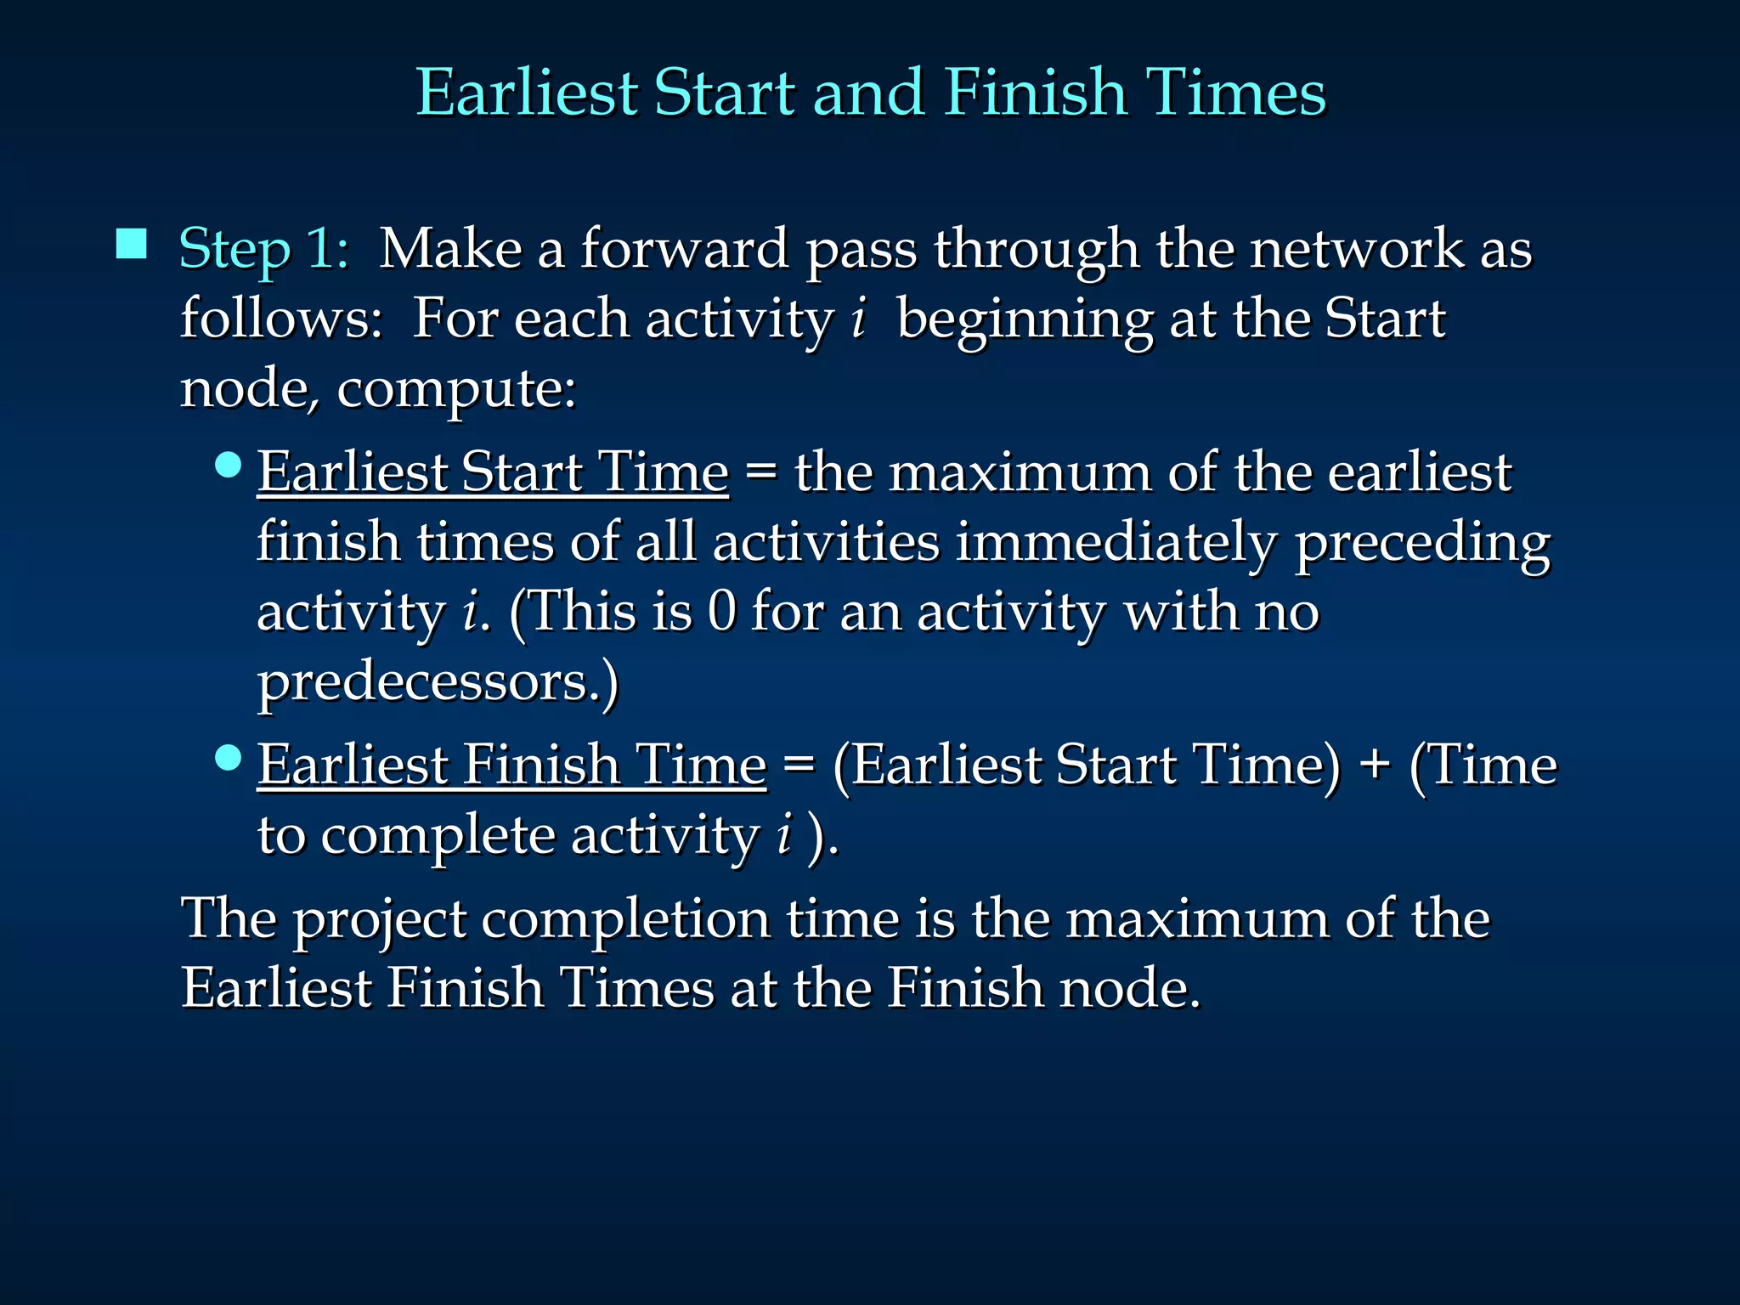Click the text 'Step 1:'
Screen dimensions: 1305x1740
click(264, 249)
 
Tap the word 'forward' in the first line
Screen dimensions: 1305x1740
click(684, 249)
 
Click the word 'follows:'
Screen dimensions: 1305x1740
click(281, 319)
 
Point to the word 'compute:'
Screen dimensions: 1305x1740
click(456, 389)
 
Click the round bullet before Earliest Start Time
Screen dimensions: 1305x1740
click(229, 465)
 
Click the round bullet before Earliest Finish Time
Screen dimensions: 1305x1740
click(229, 756)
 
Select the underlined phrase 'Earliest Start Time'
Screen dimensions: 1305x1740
click(493, 472)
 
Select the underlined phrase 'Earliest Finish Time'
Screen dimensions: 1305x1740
click(511, 765)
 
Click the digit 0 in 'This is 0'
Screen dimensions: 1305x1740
click(721, 611)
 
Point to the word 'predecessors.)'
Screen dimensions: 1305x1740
click(438, 682)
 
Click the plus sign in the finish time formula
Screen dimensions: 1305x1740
click(1374, 765)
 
